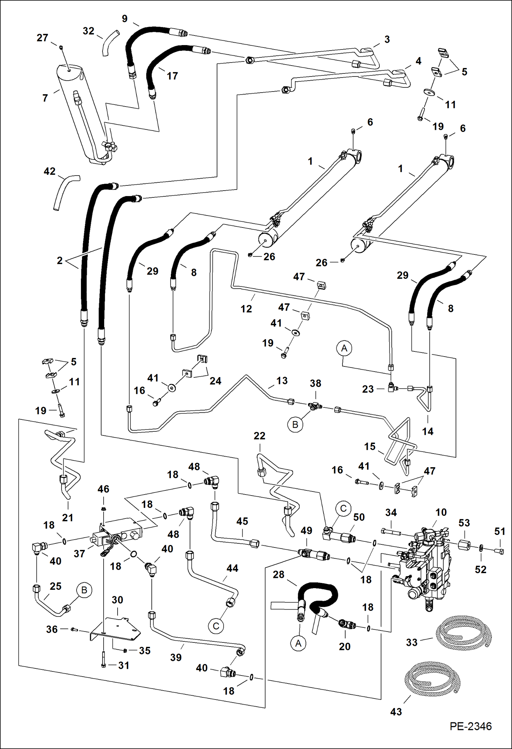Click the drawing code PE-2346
(x=470, y=726)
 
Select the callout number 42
(x=50, y=171)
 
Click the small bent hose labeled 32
(x=109, y=43)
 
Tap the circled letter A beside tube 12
(x=344, y=348)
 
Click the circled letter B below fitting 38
(x=295, y=425)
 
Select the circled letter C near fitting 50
(x=343, y=509)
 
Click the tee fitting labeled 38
(x=315, y=406)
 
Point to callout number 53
(x=464, y=523)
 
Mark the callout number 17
(x=172, y=76)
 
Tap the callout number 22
(x=259, y=436)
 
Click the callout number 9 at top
(x=125, y=19)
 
